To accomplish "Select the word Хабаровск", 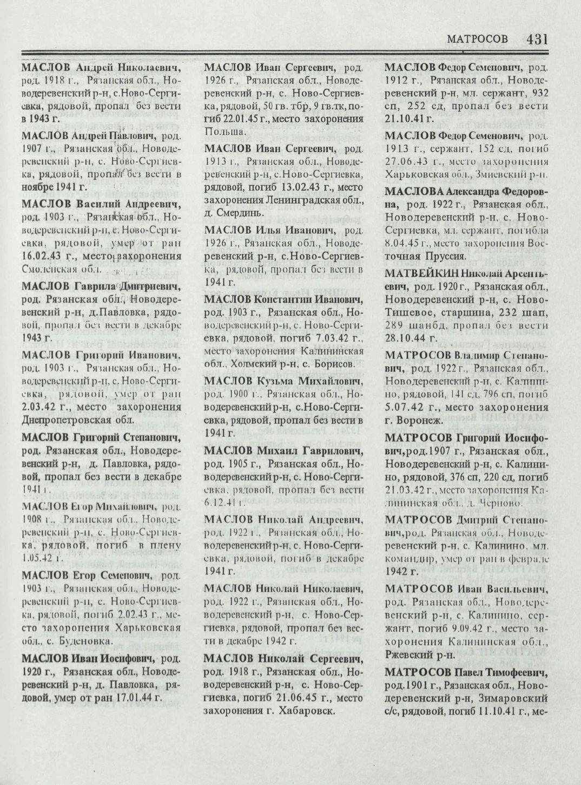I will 305,710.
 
